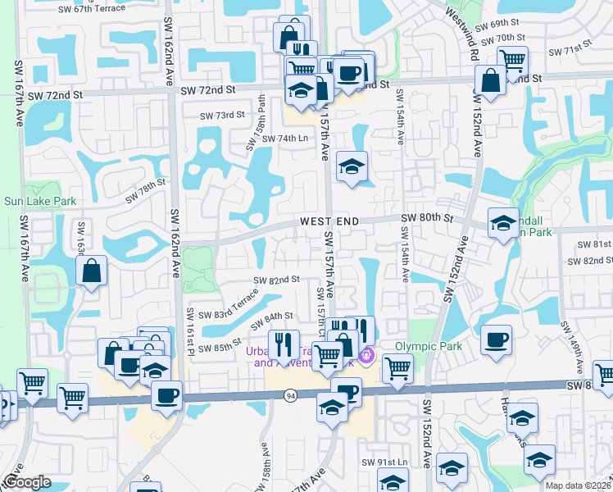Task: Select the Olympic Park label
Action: (429, 346)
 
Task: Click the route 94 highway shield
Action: (291, 396)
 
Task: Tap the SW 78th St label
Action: (146, 193)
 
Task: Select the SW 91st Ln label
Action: (398, 462)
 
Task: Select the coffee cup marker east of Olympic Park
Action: (496, 340)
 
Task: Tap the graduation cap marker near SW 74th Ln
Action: (352, 166)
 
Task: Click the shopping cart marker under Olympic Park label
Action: (397, 368)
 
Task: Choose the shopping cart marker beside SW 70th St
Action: (512, 59)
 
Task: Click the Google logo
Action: (26, 482)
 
